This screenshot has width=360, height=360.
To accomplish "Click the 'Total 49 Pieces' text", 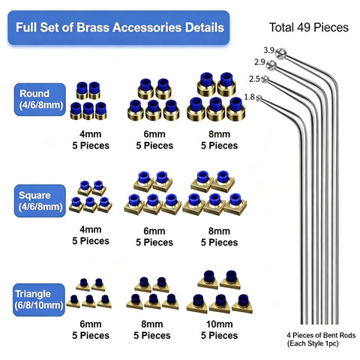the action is pos(309,27).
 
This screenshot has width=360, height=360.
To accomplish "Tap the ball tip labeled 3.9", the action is pos(280,53).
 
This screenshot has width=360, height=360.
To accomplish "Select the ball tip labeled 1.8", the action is pos(259,98).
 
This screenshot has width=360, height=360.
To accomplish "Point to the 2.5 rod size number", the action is pos(254,79).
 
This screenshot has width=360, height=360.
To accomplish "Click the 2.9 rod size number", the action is pos(259,62).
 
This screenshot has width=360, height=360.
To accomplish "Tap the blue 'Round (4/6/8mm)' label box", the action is pos(40,100).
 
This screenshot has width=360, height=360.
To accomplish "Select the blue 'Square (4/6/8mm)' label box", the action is pos(40,201).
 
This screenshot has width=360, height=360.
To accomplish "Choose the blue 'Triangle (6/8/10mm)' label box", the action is pos(39,300).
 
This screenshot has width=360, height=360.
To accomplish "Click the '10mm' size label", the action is pos(220,324).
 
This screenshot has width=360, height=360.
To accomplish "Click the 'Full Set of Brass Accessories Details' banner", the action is pos(118,28).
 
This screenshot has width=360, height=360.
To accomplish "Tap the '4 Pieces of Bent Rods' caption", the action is pos(321,335).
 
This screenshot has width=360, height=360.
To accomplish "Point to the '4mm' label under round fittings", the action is pos(91,134).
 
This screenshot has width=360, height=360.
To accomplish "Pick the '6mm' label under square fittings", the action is pos(154,231).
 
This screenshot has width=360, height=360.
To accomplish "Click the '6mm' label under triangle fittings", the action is pos(91,324).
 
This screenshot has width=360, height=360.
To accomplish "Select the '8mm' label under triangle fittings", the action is pos(152,324).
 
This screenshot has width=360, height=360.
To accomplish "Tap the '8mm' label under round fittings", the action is pos(219,134).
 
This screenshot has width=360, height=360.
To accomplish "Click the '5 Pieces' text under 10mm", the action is pos(219,335).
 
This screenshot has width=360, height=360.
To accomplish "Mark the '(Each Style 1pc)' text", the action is pos(313,343).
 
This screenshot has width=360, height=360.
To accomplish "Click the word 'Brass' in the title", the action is pos(93,27).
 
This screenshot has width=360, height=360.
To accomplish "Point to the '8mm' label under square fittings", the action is pos(219,231).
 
